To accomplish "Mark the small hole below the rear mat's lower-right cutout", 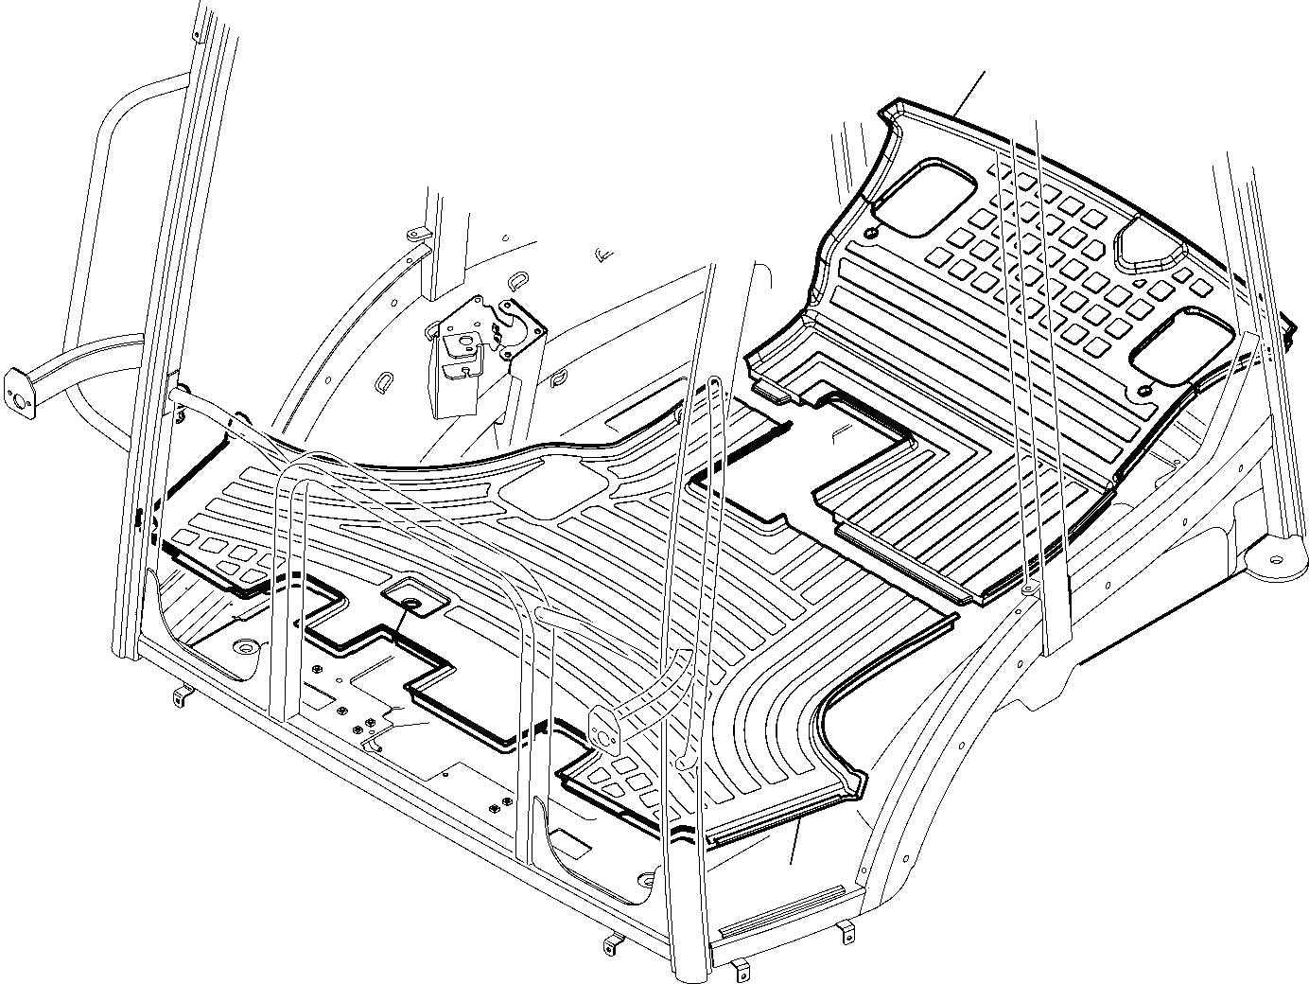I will tap(1144, 391).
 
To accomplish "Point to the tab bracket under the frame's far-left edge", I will tap(181, 698).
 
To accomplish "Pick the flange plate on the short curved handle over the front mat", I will tap(602, 727).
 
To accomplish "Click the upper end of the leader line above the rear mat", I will tap(985, 71).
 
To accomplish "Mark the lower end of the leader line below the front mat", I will tap(792, 863).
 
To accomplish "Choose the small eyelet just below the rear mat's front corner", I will tap(1028, 590).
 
